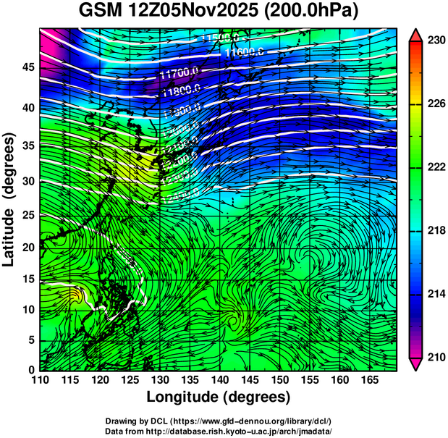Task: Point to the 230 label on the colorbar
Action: coord(436,41)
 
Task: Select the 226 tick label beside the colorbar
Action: coord(436,104)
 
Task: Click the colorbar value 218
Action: coord(436,231)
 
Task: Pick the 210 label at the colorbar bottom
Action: coord(436,358)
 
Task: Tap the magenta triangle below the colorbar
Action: coord(415,364)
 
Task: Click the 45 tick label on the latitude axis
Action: coord(26,67)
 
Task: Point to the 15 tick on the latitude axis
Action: coord(26,279)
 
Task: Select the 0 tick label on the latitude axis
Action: coord(30,370)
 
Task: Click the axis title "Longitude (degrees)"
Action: coord(219,397)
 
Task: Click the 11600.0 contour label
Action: coord(243,51)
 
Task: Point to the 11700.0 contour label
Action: coord(179,73)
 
